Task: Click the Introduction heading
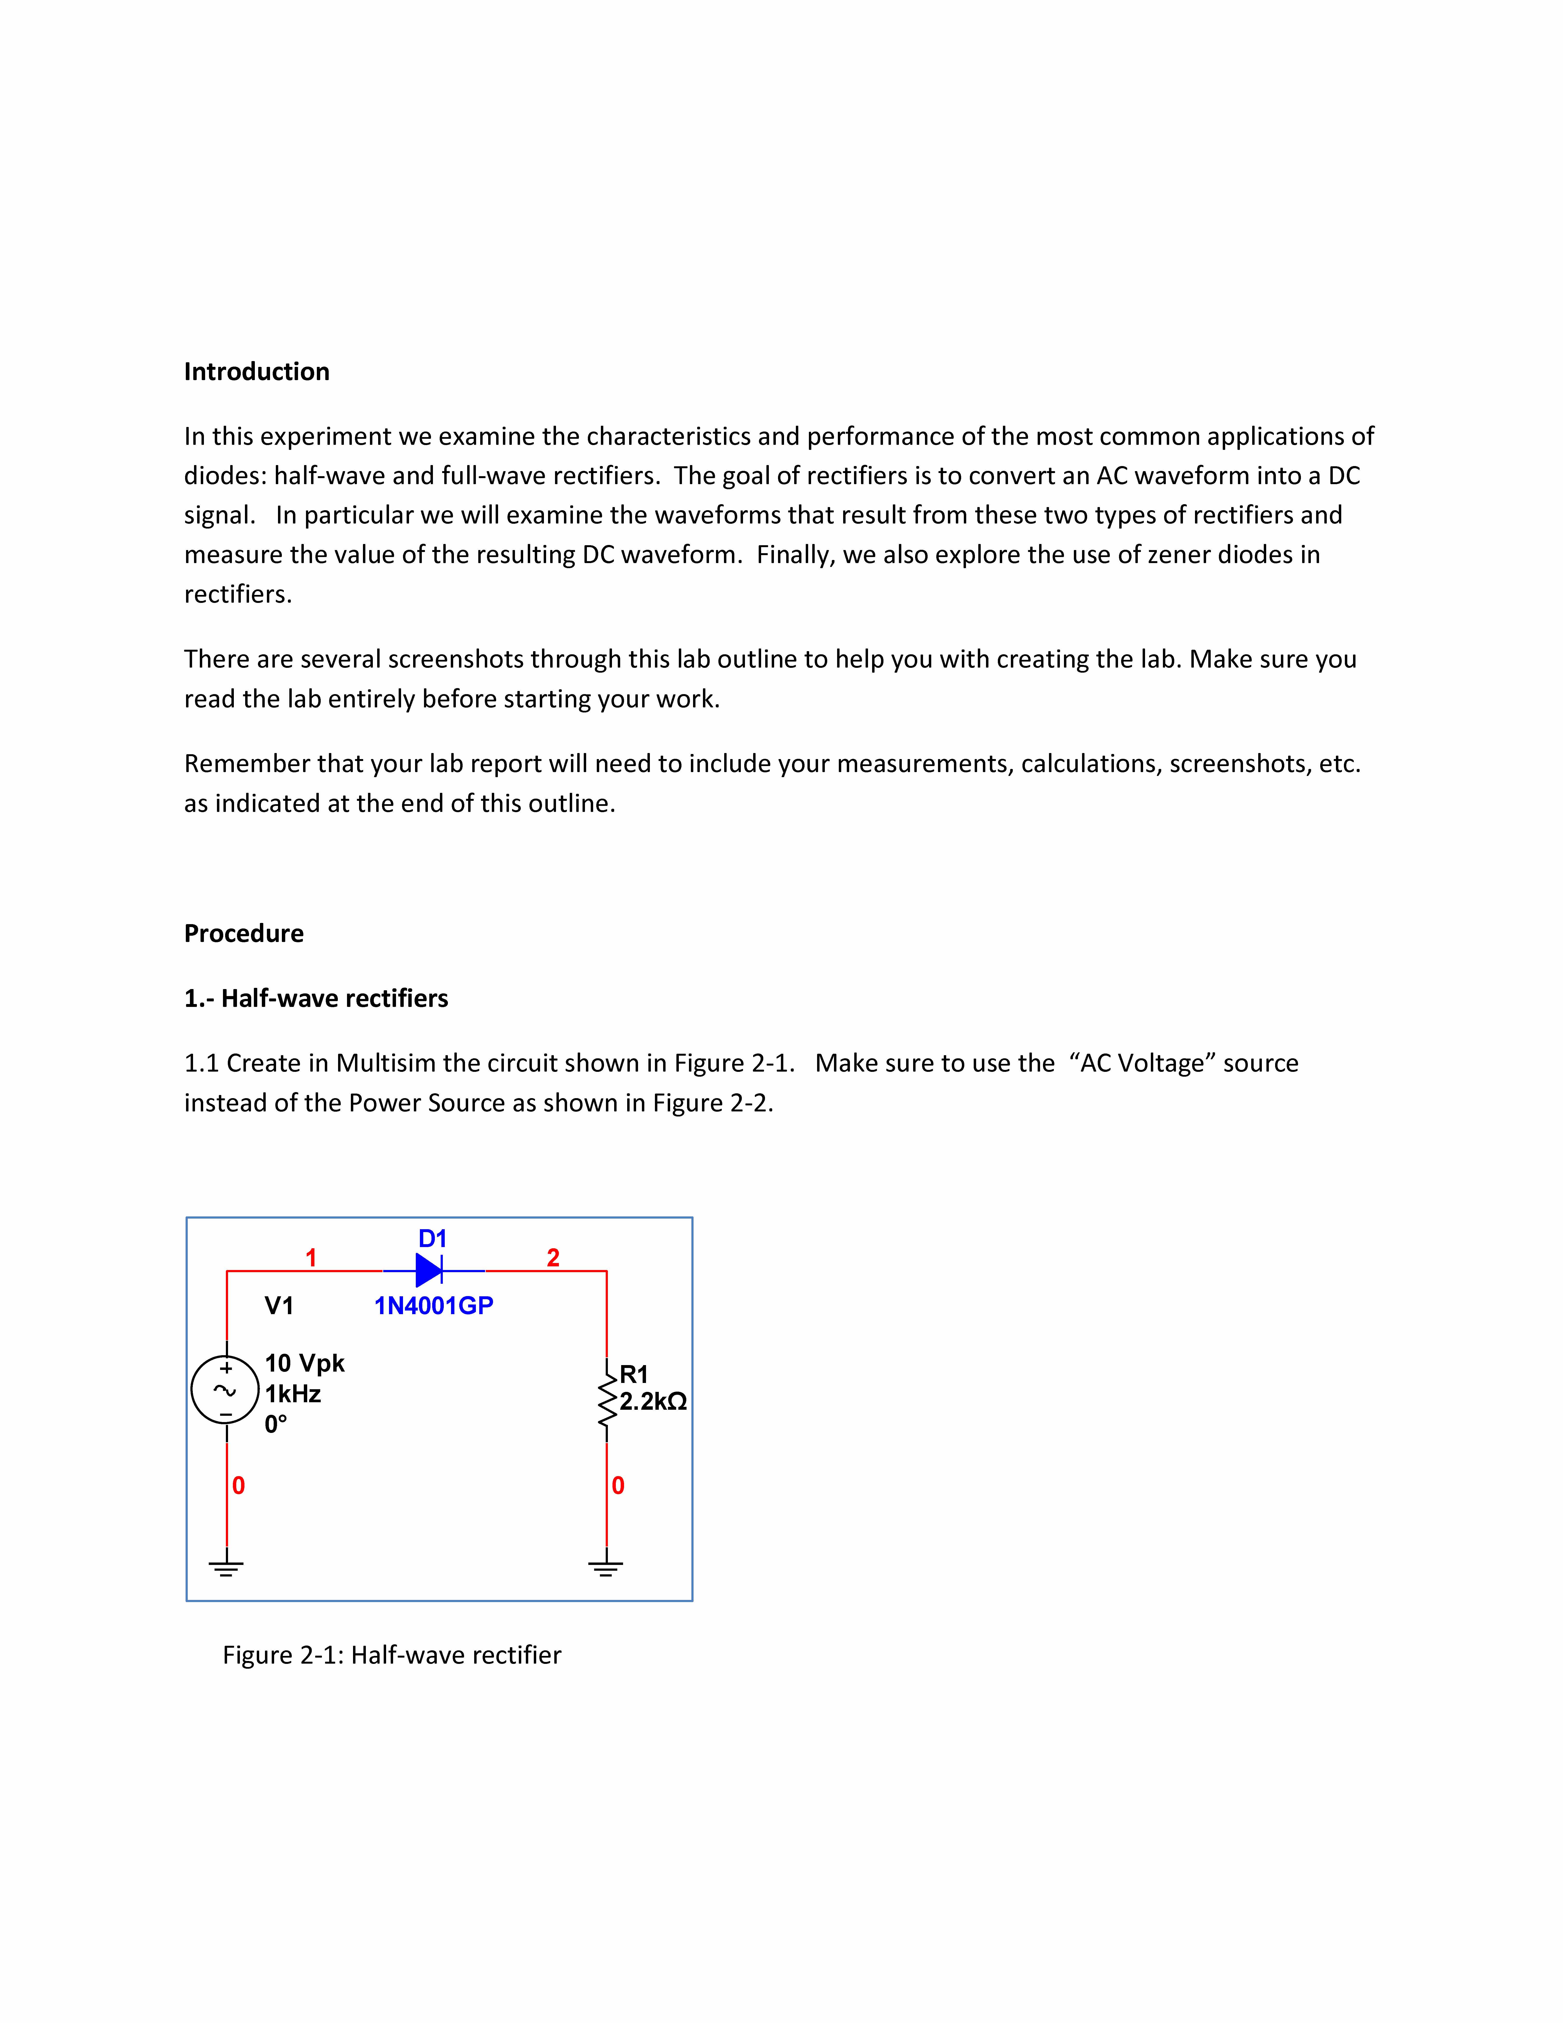click(x=257, y=371)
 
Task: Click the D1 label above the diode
click(x=432, y=1238)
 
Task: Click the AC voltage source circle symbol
click(x=225, y=1389)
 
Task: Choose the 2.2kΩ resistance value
click(x=653, y=1402)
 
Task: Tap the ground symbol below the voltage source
click(x=226, y=1567)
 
